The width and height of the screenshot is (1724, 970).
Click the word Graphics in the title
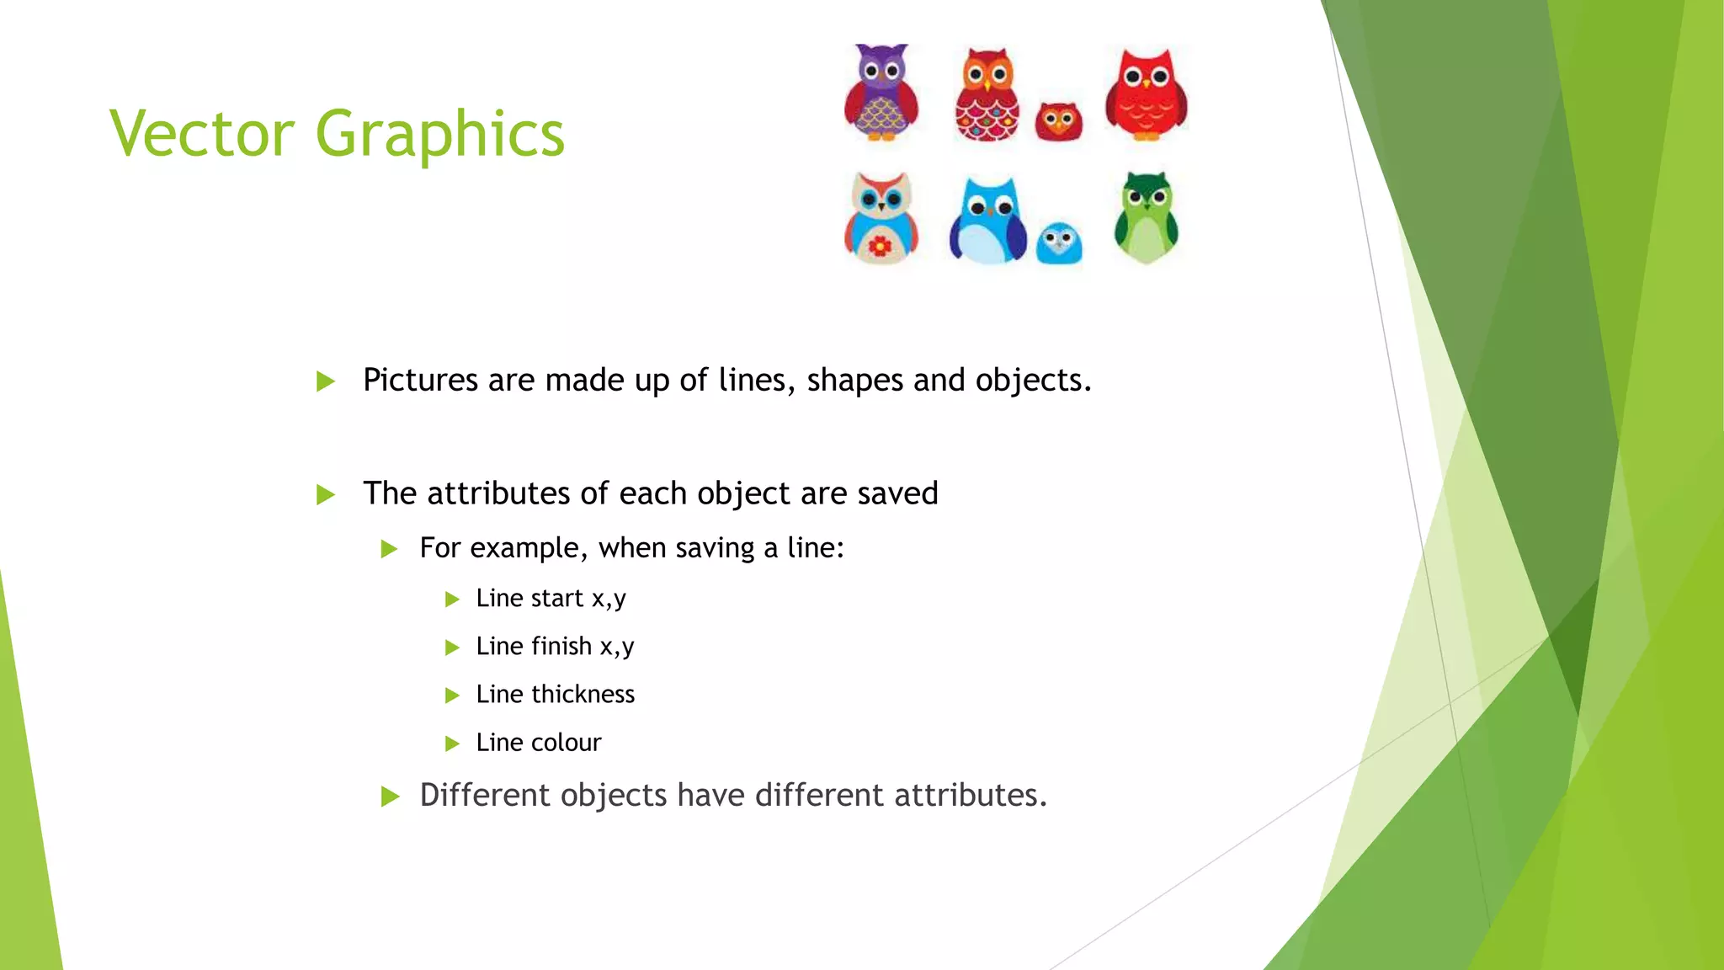439,135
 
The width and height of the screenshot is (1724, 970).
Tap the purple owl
881,92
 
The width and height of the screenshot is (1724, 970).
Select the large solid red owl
1146,93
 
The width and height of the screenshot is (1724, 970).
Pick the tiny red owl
1058,122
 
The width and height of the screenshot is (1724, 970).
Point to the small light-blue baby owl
1058,243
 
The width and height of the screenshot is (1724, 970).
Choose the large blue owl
987,221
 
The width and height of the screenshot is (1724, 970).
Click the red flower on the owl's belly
880,246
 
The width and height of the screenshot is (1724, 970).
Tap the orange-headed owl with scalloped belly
987,95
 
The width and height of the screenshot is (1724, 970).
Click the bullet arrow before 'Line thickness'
452,696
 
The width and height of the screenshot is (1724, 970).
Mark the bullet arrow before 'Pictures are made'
325,381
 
